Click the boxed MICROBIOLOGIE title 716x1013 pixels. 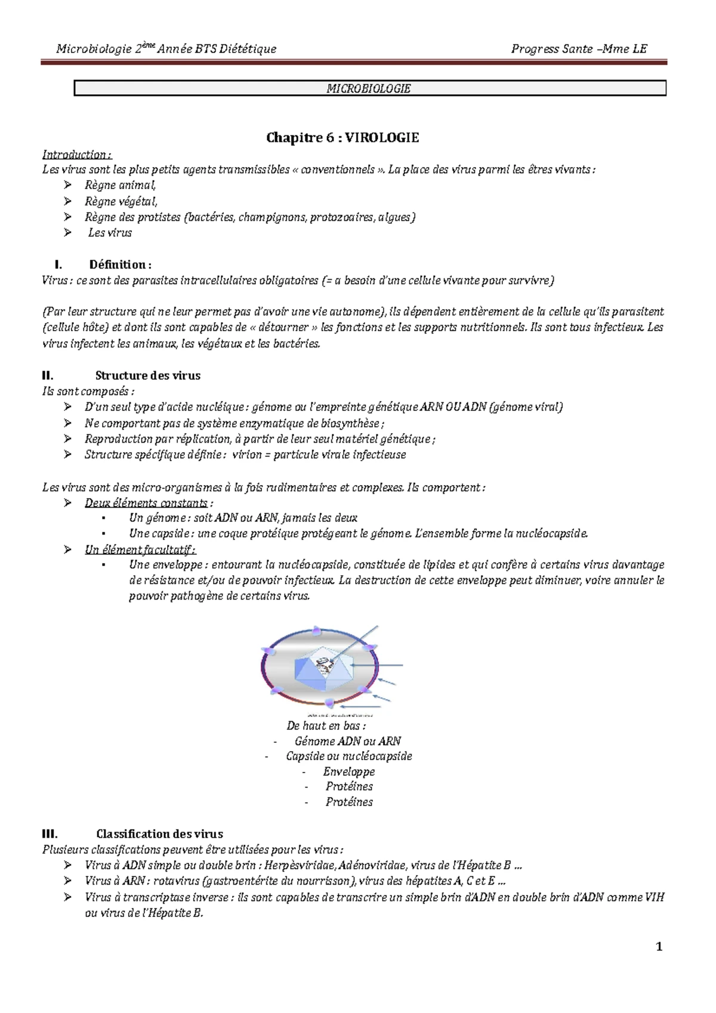pos(369,89)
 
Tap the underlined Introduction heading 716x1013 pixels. pos(76,155)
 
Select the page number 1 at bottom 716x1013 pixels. pos(659,947)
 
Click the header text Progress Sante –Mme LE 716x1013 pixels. pos(579,49)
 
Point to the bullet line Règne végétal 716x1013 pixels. pos(121,202)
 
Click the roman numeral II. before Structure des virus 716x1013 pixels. pos(48,376)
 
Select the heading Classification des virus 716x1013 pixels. pos(159,834)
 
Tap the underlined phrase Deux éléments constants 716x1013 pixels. pos(146,503)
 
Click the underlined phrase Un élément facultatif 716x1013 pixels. pos(140,549)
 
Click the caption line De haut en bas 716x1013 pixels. pos(326,726)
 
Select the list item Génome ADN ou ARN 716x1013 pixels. pos(347,742)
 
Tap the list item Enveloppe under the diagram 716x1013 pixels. pos(349,772)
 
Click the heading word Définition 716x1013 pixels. pos(120,265)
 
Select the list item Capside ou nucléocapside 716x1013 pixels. pos(348,756)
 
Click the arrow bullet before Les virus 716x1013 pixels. pos(68,233)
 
